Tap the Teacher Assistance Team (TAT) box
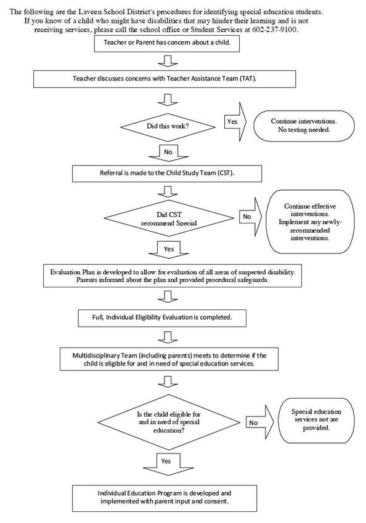pos(165,79)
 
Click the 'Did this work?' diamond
pos(168,127)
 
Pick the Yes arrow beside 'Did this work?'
pos(235,122)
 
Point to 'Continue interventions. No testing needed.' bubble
pos(304,126)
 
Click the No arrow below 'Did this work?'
pos(168,153)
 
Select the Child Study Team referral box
pos(167,173)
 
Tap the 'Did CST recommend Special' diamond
pos(169,218)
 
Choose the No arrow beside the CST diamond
pos(250,217)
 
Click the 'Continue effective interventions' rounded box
pos(310,222)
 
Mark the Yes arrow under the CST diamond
pos(169,249)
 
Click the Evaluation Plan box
pos(173,276)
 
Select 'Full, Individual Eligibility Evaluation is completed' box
pos(162,318)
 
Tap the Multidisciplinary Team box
pos(169,359)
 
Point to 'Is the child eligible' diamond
pos(169,422)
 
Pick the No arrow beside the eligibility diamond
pos(260,422)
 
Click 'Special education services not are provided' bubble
pos(316,420)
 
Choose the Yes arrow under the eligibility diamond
pos(168,464)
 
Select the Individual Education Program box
pos(165,498)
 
